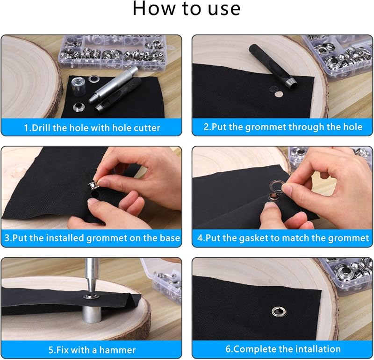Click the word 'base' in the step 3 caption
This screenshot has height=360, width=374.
(170, 238)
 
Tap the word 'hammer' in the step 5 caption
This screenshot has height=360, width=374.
(117, 350)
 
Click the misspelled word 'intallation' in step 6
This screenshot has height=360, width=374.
(317, 349)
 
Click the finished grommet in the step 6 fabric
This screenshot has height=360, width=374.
(279, 311)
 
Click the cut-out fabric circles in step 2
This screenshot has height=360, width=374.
(276, 92)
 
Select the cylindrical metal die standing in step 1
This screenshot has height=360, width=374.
(78, 86)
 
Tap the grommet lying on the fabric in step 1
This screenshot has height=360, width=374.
(78, 107)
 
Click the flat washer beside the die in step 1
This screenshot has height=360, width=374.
(93, 78)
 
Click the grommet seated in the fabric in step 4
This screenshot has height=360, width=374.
(273, 196)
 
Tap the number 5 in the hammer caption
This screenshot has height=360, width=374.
(51, 350)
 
